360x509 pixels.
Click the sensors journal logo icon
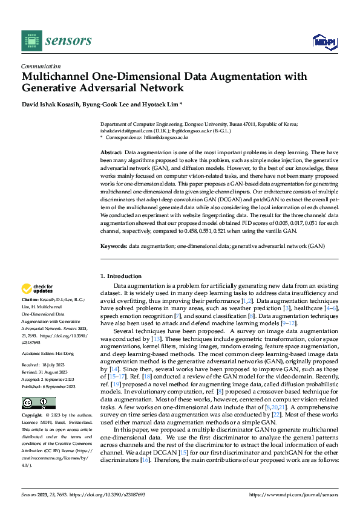tap(31, 41)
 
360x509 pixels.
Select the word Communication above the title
tap(41, 66)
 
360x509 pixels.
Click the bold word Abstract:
tap(111, 152)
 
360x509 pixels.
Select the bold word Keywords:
tap(113, 246)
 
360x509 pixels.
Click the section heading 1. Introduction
tap(120, 276)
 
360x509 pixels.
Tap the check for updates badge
tap(38, 289)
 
